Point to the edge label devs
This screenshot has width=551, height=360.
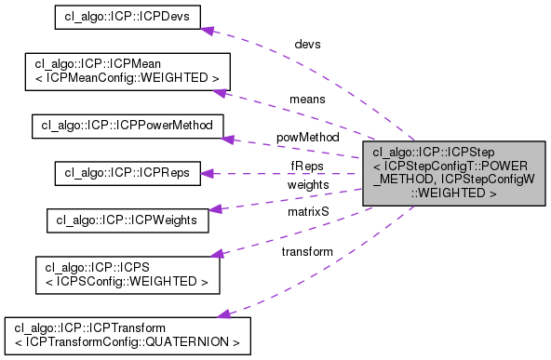(307, 43)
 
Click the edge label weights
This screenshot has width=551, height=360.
(305, 185)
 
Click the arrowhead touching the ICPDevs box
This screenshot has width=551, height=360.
(209, 30)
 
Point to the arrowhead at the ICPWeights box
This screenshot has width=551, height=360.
(214, 208)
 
